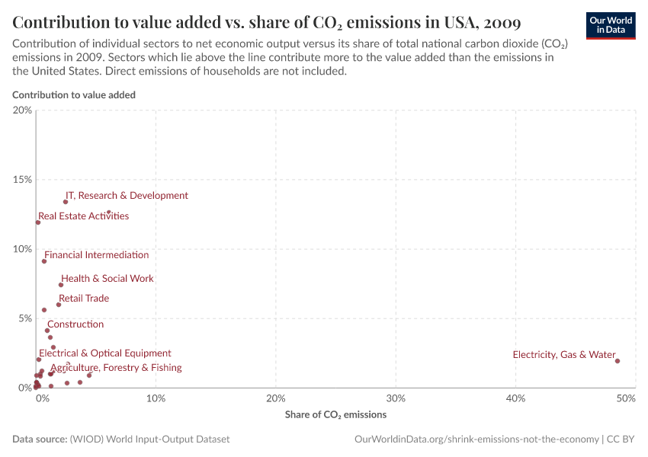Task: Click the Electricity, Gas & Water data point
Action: [x=618, y=361]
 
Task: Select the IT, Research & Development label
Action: [x=127, y=196]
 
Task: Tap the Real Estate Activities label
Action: [x=84, y=216]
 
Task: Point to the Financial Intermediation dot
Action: [x=44, y=261]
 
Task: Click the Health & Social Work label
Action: [x=107, y=279]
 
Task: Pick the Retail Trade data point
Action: [x=59, y=305]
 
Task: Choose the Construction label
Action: [x=75, y=324]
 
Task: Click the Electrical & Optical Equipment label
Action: [x=105, y=353]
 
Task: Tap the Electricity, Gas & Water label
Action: [x=564, y=355]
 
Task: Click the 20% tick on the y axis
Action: [x=23, y=110]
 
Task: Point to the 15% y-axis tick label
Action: [x=23, y=180]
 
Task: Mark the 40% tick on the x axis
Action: [x=516, y=398]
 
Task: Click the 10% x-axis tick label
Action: [x=156, y=398]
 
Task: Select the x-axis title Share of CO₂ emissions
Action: [x=335, y=415]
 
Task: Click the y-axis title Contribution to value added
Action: [x=74, y=95]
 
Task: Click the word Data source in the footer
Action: [x=39, y=439]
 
